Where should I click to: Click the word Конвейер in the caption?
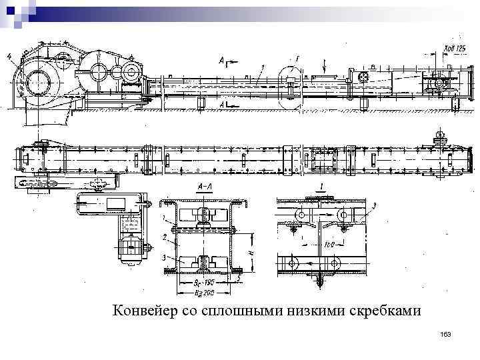pos(144,311)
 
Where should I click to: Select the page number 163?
pos(446,333)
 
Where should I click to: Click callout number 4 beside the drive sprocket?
pos(9,59)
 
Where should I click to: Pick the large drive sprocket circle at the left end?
pos(34,83)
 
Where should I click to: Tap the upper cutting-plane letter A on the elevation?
pos(221,61)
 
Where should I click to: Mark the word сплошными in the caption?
pos(231,311)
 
